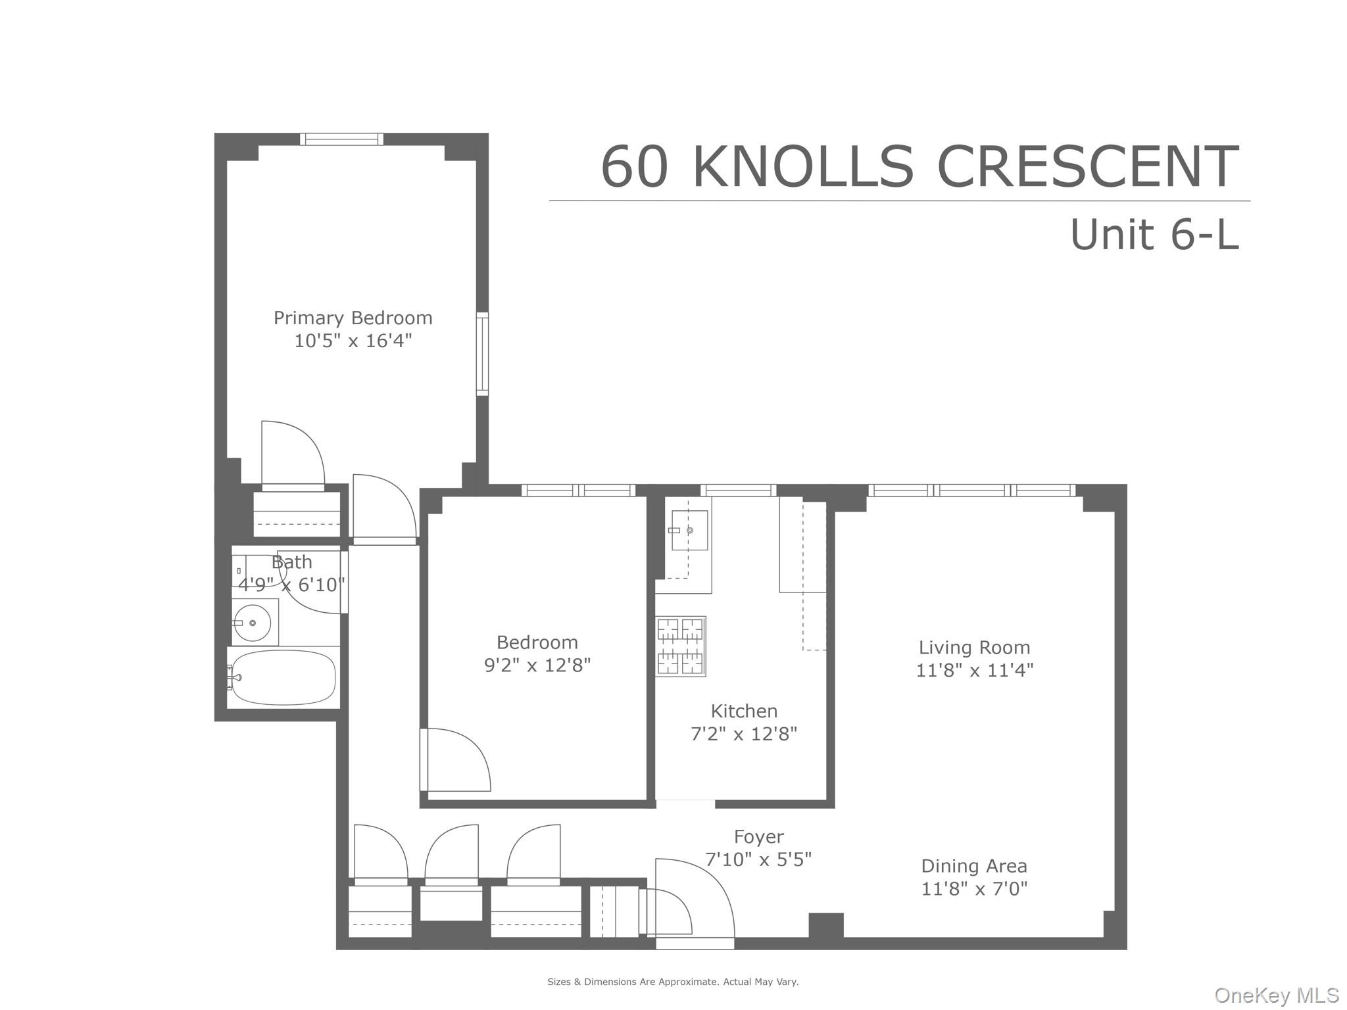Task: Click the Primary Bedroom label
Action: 353,318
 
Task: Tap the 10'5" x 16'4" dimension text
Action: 353,341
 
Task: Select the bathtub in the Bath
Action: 283,677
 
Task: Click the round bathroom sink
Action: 253,622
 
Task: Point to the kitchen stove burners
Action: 681,646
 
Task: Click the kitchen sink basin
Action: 689,530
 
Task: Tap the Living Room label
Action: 974,648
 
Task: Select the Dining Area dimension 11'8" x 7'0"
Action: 974,889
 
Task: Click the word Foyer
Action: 758,837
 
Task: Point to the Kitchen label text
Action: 744,711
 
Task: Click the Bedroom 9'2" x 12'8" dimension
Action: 537,665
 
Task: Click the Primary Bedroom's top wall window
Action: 342,139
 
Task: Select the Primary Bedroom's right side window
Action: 482,354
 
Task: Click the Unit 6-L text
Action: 1154,235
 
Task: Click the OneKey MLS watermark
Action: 1276,995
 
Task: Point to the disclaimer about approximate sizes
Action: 673,982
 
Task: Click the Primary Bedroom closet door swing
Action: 293,454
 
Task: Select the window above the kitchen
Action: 738,490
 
